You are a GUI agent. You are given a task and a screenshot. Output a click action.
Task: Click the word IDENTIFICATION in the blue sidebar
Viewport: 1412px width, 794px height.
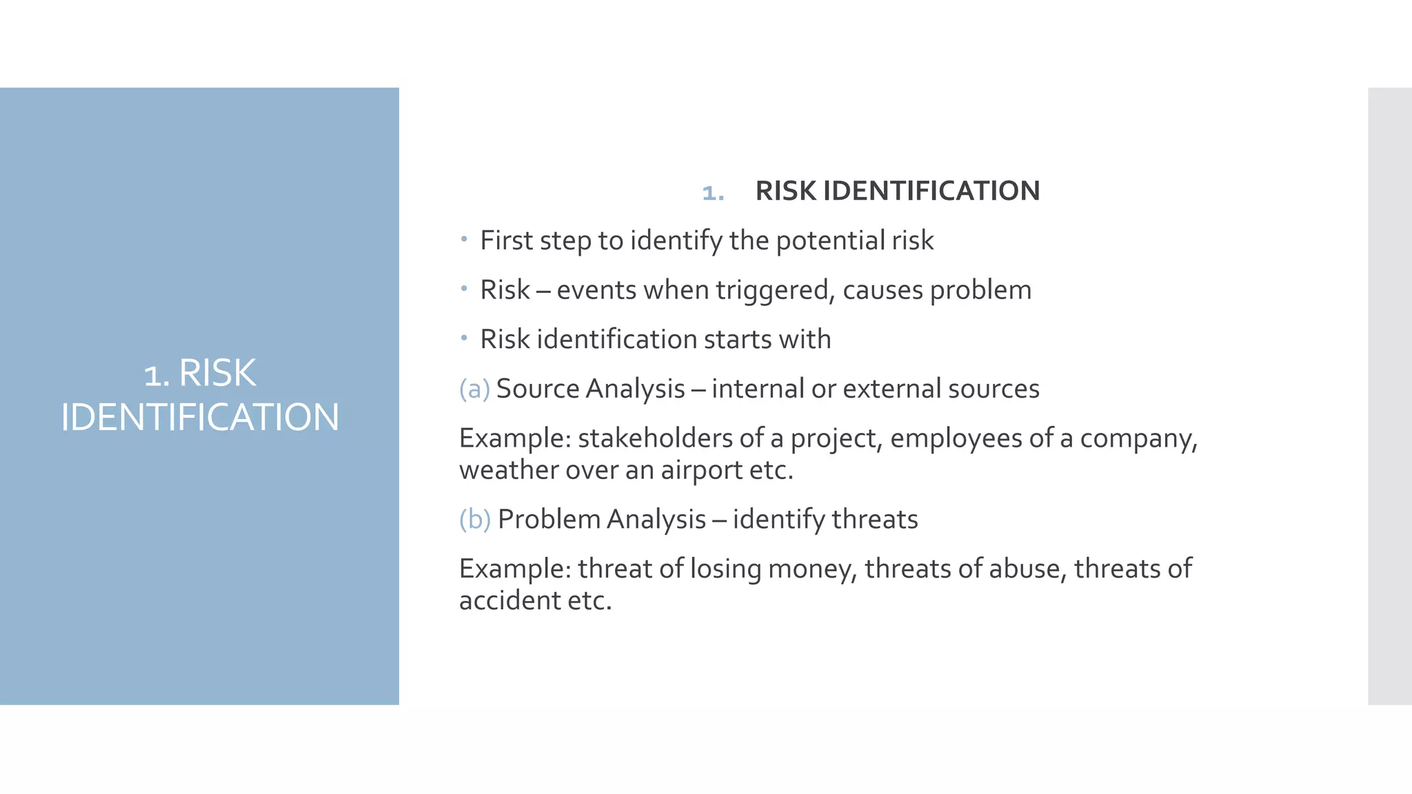coord(200,418)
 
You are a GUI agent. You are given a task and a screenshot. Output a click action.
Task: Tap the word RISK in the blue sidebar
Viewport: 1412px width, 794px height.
coord(217,374)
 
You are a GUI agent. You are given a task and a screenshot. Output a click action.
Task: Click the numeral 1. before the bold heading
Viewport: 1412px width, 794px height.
coord(713,192)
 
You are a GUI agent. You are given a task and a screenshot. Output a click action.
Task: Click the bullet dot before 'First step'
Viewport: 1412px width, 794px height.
coord(465,239)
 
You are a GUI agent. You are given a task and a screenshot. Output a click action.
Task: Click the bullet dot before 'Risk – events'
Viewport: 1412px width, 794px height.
coord(465,288)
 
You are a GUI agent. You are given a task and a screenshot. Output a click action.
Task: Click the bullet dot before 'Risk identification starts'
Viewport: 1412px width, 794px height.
coord(465,338)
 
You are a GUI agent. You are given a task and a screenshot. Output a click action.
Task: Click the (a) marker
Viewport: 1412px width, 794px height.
coord(474,389)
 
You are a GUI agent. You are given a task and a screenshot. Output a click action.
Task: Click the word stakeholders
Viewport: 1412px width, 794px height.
coord(655,438)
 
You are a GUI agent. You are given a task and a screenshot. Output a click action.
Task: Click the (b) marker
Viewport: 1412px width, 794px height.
coord(475,519)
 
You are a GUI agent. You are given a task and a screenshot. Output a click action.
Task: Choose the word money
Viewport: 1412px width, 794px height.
coord(812,569)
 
